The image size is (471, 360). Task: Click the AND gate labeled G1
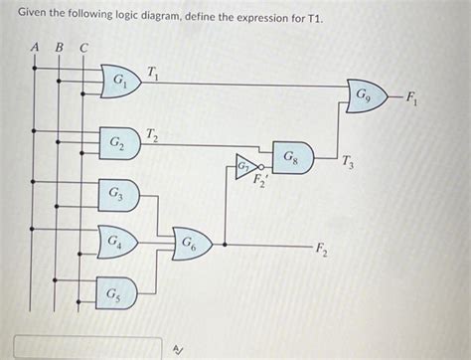(119, 81)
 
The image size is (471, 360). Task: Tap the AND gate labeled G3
(118, 194)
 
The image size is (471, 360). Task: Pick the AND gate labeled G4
(118, 241)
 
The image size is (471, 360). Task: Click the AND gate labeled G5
(117, 294)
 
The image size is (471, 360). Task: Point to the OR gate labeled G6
(190, 242)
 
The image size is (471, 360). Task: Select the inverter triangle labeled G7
(244, 165)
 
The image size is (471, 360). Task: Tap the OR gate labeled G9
(367, 96)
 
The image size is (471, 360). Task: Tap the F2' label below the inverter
(260, 181)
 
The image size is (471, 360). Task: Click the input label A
(35, 46)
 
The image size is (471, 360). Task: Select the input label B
(59, 46)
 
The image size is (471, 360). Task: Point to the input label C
(82, 46)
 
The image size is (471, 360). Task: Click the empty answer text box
(87, 348)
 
